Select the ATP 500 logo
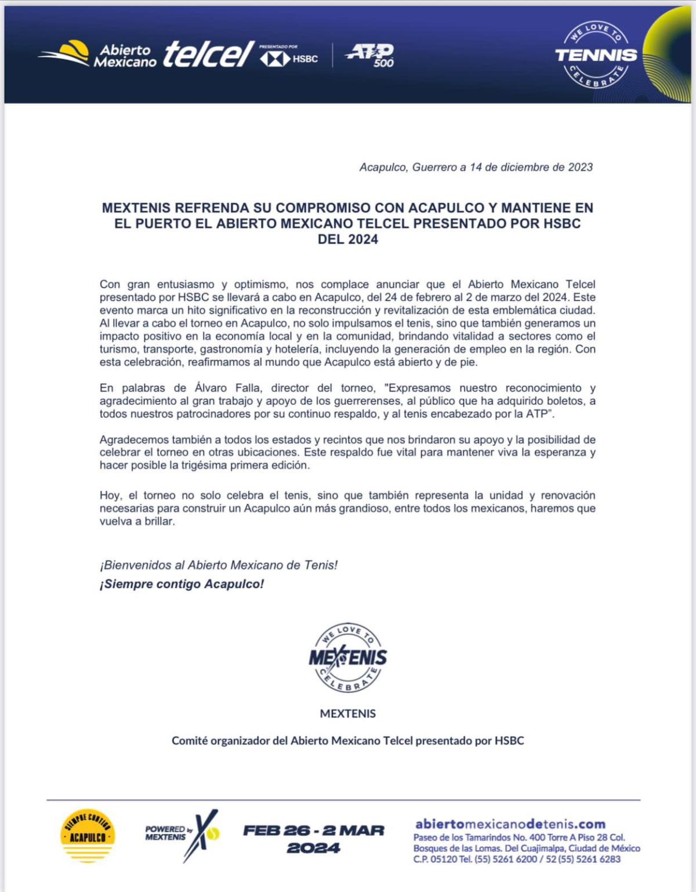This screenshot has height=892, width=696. (x=369, y=55)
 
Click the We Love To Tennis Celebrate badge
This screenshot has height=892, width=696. (x=596, y=56)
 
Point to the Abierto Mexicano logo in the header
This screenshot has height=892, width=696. (x=99, y=55)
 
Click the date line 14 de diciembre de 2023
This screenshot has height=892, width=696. (x=476, y=168)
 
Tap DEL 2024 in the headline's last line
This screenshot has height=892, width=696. (x=347, y=240)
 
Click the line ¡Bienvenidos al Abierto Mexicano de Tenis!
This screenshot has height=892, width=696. (x=219, y=565)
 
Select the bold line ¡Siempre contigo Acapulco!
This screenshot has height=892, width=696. (x=182, y=584)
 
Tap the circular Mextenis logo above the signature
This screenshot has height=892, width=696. (x=347, y=658)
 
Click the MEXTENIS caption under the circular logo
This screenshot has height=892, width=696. (x=347, y=713)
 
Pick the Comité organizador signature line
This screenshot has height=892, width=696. (x=347, y=741)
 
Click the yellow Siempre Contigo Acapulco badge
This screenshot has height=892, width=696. (x=88, y=836)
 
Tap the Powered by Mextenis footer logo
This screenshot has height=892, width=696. (x=182, y=835)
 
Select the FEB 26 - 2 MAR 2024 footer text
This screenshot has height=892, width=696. (x=313, y=839)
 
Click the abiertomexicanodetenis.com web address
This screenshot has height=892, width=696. (x=510, y=824)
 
